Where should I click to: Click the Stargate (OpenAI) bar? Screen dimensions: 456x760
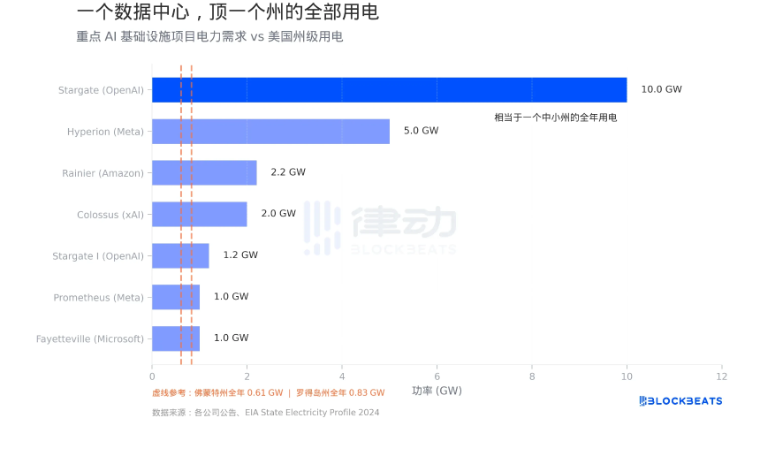coord(389,89)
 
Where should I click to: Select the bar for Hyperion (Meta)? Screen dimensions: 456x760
coord(270,131)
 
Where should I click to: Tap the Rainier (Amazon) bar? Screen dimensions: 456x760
coord(204,172)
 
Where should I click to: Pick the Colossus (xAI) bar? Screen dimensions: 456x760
coord(199,214)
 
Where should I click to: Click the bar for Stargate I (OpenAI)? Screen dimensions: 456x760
coord(180,255)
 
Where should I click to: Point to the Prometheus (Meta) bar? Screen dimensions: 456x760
coord(176,297)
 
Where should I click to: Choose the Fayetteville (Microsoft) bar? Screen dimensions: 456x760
coord(176,338)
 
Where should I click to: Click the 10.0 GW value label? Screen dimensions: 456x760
coord(661,89)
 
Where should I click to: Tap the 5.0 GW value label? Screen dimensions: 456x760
coord(421,131)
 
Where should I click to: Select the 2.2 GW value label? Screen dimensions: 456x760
coord(288,172)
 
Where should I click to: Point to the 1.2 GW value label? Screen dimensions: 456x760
coord(240,255)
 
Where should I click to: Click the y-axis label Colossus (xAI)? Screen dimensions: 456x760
coord(110,214)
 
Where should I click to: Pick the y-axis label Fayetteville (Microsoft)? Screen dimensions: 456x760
coord(90,338)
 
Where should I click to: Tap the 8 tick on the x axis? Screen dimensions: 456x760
coord(532,375)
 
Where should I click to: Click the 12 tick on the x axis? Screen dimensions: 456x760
coord(721,375)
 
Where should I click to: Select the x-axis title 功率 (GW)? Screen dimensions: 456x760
coord(437,391)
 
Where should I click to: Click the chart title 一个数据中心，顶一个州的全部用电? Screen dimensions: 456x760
coord(228,12)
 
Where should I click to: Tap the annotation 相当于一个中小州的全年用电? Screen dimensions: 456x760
coord(555,117)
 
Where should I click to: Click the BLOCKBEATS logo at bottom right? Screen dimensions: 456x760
coord(680,401)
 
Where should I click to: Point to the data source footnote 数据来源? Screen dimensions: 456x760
coord(265,413)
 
